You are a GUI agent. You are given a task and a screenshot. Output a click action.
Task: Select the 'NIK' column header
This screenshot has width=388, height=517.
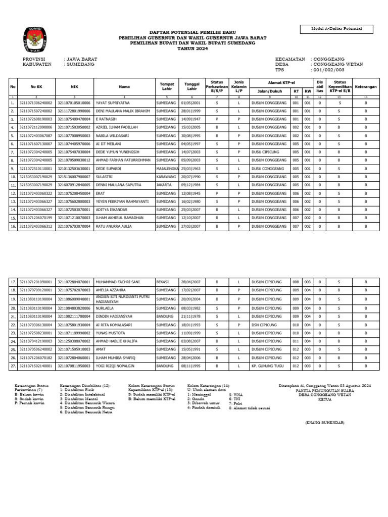pyautogui.click(x=74, y=86)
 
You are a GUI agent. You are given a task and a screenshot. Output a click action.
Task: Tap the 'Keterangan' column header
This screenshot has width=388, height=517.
pyautogui.click(x=366, y=86)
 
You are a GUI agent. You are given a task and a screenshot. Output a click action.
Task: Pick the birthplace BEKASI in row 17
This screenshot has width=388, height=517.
pyautogui.click(x=163, y=282)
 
